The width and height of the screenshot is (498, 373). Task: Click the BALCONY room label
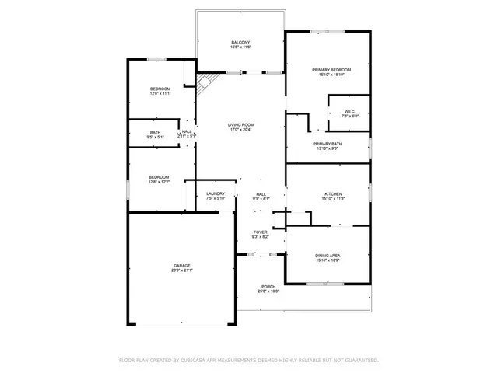[240, 42]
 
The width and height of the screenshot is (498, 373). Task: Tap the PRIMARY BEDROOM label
[327, 70]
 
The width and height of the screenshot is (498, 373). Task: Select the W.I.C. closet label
[349, 111]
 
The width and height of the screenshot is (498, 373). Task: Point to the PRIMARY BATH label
[327, 144]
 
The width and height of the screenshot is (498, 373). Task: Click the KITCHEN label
[333, 193]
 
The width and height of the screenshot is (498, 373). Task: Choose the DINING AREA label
[327, 255]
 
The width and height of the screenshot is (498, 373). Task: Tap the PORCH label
[268, 287]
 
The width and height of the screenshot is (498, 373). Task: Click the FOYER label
[261, 232]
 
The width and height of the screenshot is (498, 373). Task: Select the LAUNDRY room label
[216, 193]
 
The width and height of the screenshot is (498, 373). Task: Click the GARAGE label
[181, 266]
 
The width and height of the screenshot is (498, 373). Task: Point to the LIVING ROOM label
[240, 125]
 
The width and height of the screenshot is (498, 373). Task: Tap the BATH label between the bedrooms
[156, 132]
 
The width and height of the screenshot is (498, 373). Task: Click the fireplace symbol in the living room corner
[205, 82]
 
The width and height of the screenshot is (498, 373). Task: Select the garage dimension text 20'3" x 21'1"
[181, 271]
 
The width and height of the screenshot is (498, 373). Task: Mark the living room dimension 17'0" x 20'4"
[240, 131]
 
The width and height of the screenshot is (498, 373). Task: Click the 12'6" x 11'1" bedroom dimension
[160, 94]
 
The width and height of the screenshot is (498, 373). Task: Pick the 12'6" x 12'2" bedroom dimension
[159, 183]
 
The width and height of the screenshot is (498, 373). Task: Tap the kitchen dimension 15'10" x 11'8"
[333, 199]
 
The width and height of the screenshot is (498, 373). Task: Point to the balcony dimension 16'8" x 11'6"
[240, 47]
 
